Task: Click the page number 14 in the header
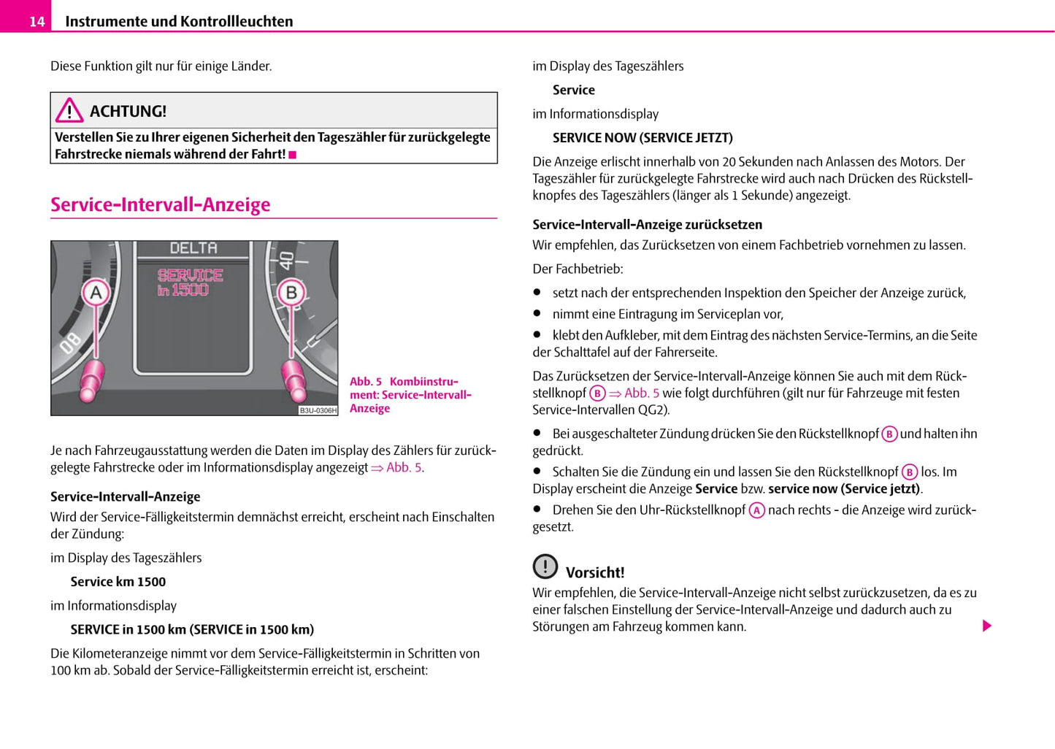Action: (37, 22)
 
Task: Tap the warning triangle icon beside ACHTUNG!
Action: (69, 110)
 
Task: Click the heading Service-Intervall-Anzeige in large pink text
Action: (160, 204)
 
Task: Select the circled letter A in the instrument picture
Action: (96, 293)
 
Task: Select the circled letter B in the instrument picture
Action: (291, 293)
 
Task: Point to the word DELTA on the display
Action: (193, 248)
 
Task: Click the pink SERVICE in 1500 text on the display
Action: (190, 283)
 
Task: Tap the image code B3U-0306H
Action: (318, 410)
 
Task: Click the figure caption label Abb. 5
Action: (366, 382)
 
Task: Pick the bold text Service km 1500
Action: (118, 582)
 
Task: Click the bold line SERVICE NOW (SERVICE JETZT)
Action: (642, 138)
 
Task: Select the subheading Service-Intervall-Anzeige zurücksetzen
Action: (647, 225)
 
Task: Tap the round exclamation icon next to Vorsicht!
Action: (545, 566)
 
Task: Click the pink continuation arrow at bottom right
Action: (987, 626)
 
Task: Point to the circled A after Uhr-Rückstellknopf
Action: (756, 510)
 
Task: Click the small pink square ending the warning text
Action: (293, 155)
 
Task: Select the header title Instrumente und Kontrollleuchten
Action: (179, 22)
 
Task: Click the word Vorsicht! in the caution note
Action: (595, 573)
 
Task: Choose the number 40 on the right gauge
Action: (286, 259)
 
